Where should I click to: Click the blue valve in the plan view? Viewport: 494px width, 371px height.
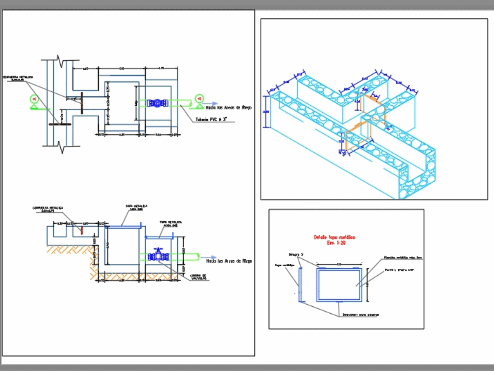(158, 103)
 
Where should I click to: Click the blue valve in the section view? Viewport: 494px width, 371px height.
(158, 256)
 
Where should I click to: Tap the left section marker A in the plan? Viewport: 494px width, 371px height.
(34, 99)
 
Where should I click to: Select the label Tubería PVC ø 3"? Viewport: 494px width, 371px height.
(214, 119)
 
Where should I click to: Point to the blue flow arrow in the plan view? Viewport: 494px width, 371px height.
(213, 104)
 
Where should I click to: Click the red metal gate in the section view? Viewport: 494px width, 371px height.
(82, 230)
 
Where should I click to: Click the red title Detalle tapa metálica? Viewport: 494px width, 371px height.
(334, 237)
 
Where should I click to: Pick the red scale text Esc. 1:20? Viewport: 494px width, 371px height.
(334, 244)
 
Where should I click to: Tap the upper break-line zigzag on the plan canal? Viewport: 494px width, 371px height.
(60, 62)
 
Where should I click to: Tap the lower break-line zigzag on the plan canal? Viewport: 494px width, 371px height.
(60, 146)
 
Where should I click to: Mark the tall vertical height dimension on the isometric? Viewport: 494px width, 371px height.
(266, 112)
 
